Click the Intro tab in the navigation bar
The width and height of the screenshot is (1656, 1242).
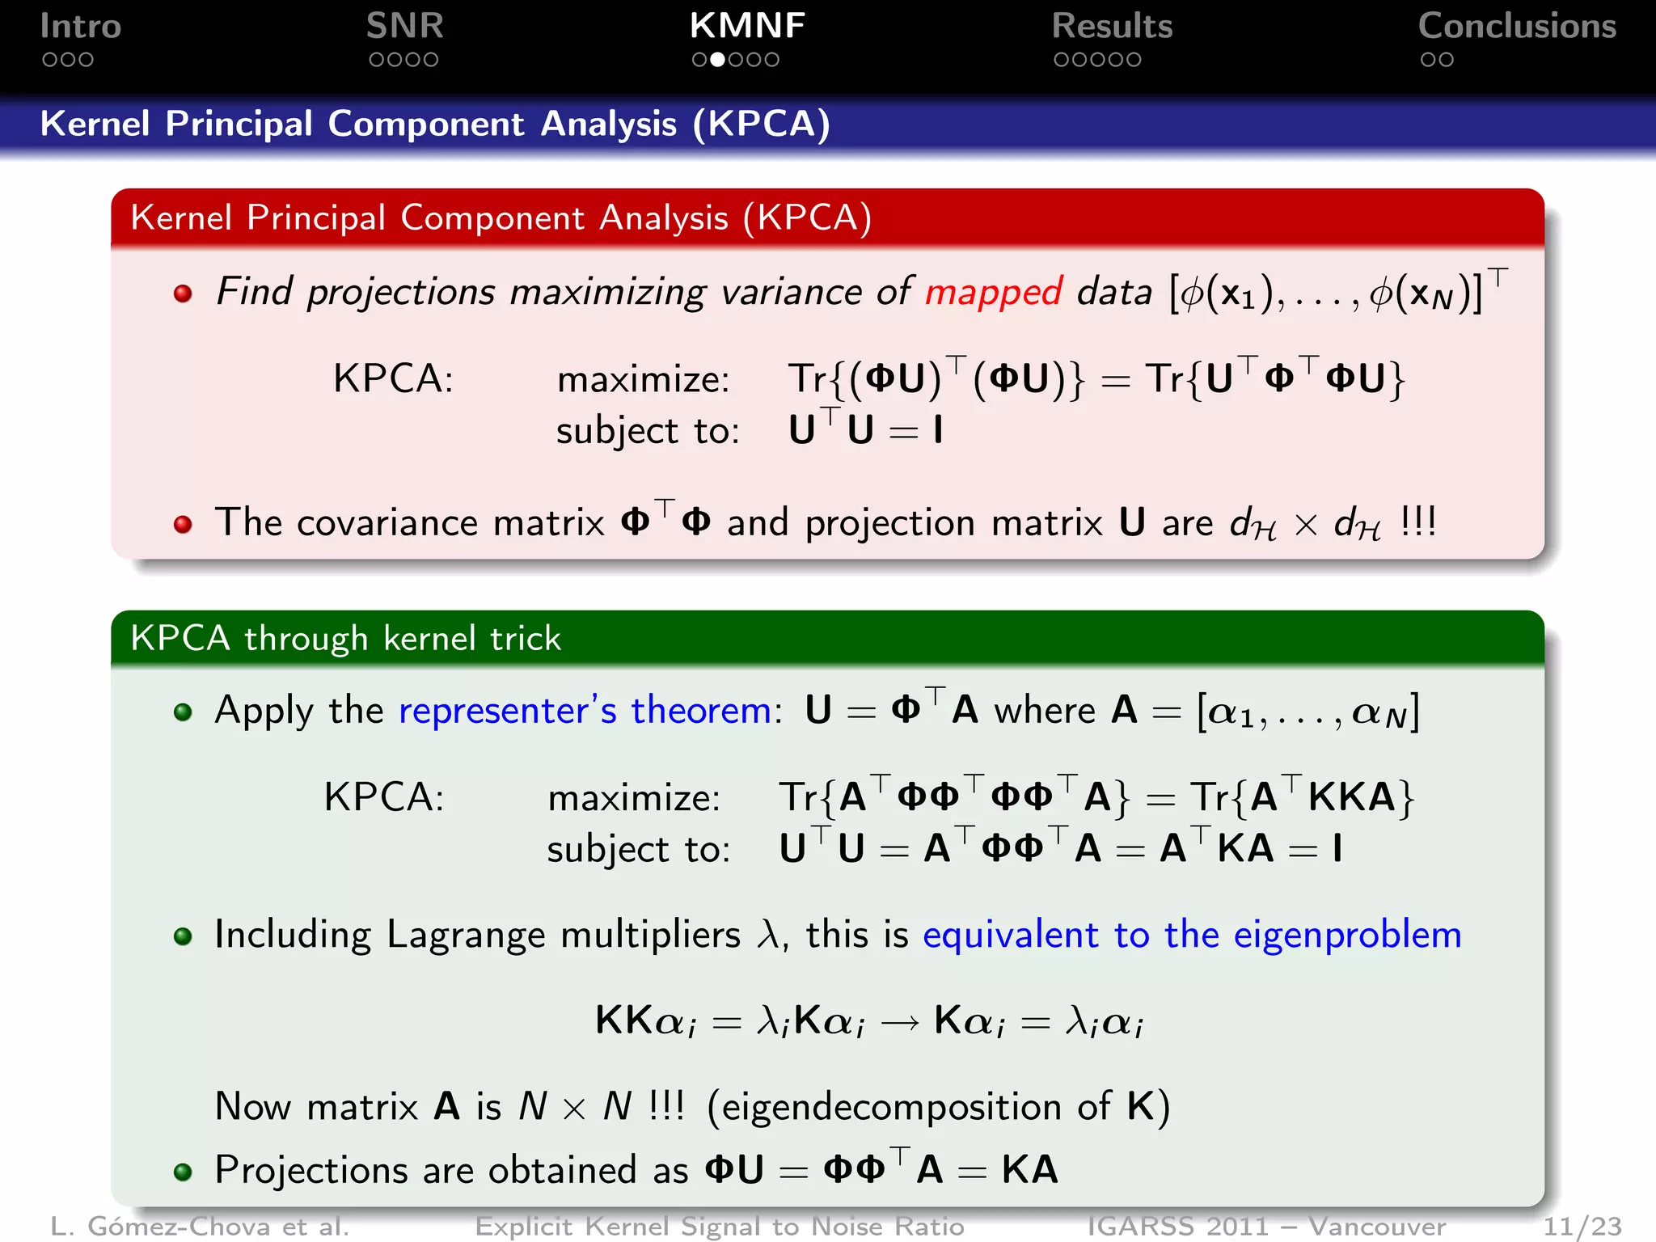(81, 27)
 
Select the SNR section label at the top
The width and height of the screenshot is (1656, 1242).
(404, 27)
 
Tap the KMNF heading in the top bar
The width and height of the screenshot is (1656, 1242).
(747, 27)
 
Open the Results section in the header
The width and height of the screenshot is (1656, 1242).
(1112, 27)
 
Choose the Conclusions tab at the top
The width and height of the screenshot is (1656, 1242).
(1517, 27)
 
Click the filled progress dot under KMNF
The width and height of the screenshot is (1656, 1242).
(716, 60)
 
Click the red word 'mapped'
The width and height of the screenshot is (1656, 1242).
(993, 293)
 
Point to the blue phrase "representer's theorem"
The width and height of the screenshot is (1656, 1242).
(585, 711)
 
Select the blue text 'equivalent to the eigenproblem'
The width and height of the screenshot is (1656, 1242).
(1192, 936)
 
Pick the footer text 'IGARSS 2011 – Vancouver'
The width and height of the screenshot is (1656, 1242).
(1266, 1227)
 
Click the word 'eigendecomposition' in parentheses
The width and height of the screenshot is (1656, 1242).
(891, 1107)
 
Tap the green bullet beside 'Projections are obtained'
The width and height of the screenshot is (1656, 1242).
(184, 1172)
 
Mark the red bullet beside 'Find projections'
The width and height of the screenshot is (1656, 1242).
(184, 294)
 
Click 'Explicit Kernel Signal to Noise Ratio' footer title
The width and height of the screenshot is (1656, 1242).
(720, 1227)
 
